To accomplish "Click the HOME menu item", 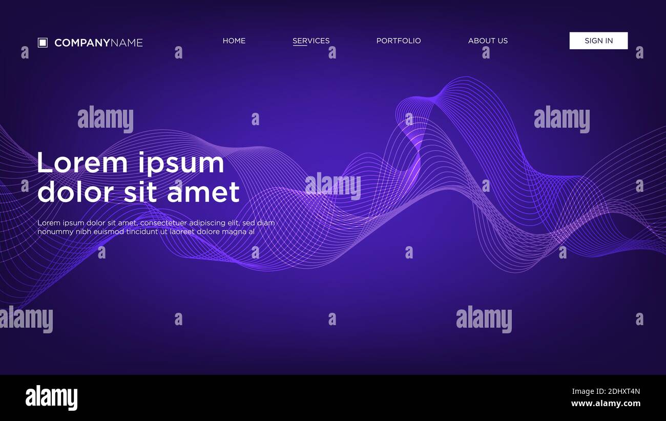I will [x=234, y=41].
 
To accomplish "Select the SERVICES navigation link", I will [x=311, y=41].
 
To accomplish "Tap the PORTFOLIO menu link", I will [x=398, y=41].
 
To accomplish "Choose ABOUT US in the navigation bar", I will [x=488, y=41].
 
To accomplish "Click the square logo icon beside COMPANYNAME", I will [x=43, y=43].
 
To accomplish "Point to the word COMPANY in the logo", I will [x=82, y=43].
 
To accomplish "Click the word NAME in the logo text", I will [x=127, y=43].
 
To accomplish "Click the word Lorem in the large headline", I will [x=82, y=164].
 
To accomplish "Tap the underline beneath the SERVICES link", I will [x=300, y=46].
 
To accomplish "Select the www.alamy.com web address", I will [x=606, y=404].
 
